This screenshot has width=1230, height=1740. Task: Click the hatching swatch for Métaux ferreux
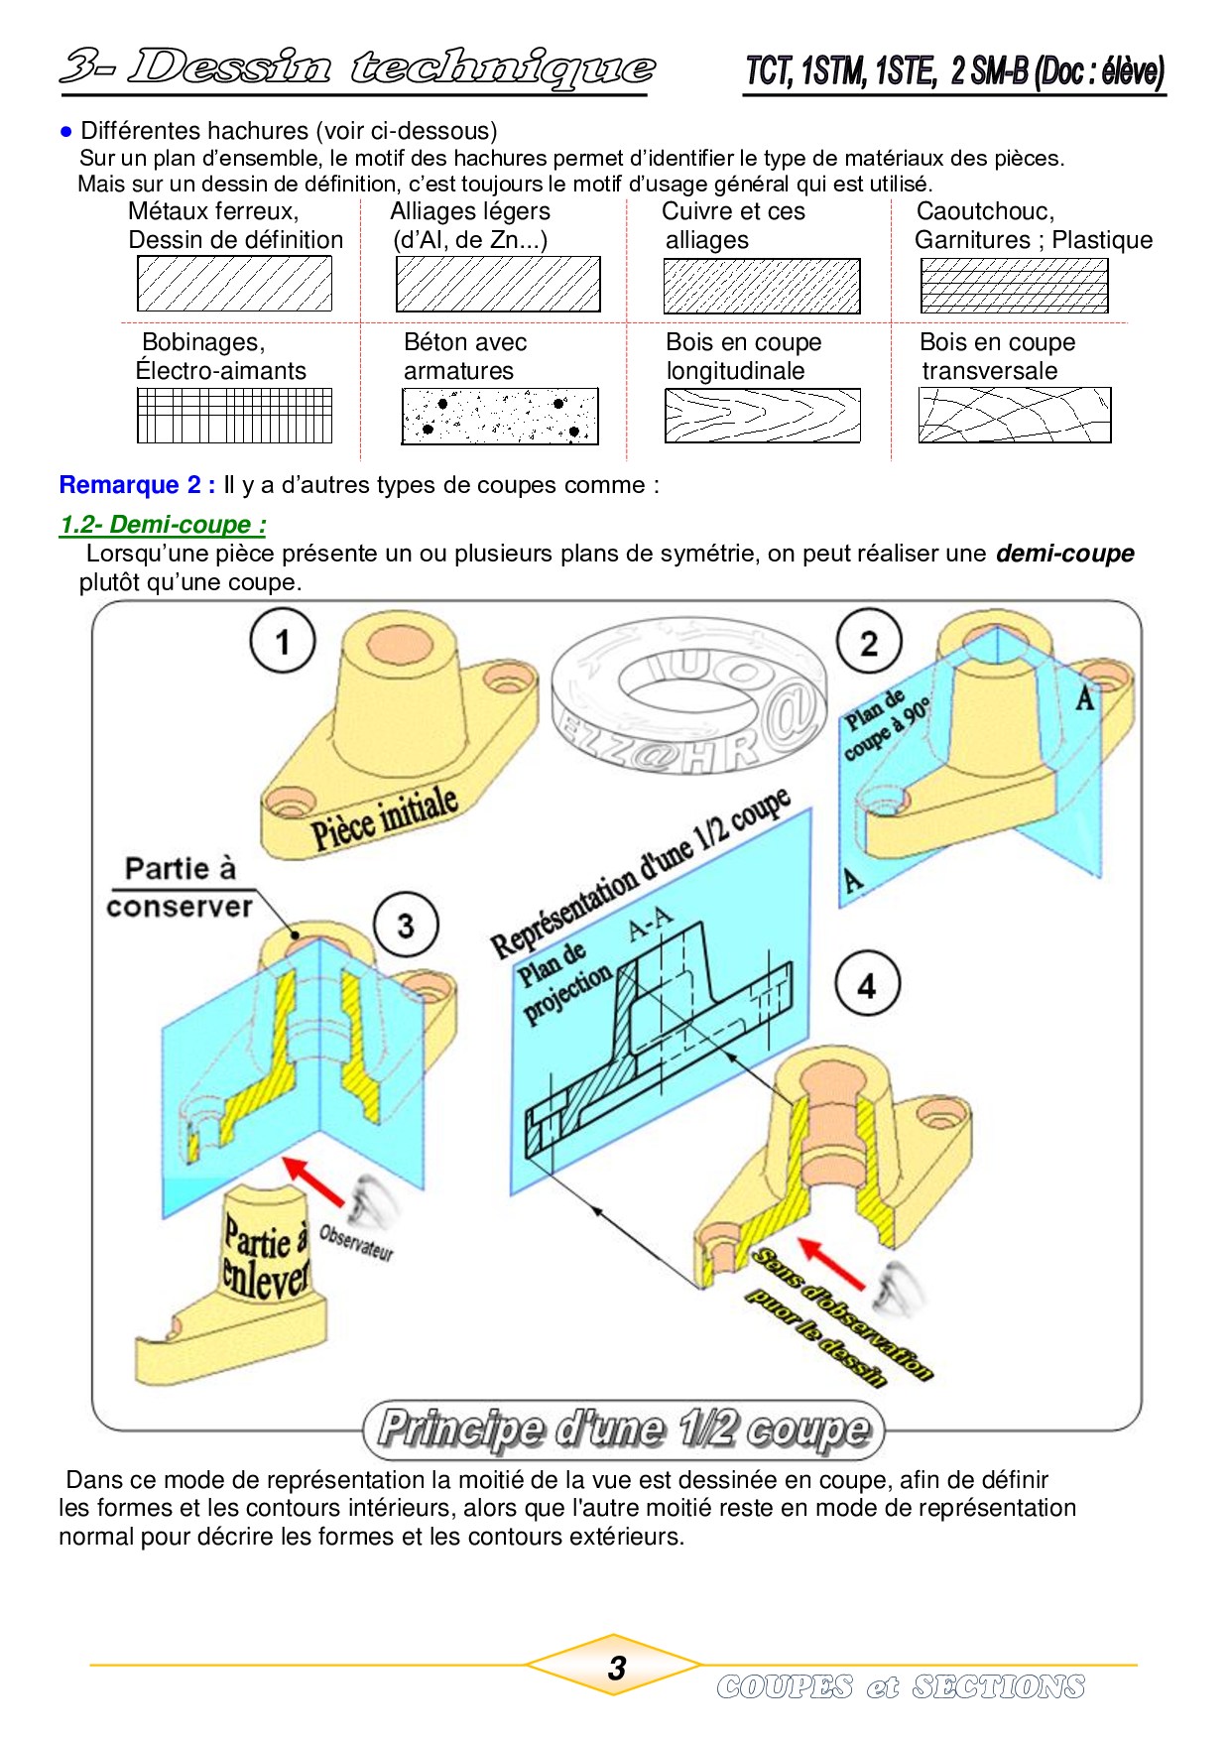(234, 284)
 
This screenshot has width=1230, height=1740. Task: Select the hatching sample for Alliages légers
(498, 285)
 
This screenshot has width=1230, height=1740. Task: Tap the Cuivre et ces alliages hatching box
(761, 286)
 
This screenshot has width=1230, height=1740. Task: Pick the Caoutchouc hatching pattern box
(1014, 286)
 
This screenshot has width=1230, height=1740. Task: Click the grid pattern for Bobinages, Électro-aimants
(234, 415)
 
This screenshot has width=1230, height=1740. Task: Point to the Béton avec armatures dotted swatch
(499, 416)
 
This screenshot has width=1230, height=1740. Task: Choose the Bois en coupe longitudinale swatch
(761, 415)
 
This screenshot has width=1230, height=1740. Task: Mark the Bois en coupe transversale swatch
(1014, 415)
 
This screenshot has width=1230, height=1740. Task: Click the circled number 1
(283, 641)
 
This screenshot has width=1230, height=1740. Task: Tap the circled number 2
(869, 643)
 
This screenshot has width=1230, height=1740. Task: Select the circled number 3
(406, 925)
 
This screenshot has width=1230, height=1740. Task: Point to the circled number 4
(867, 985)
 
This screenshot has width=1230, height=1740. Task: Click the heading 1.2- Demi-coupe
(163, 525)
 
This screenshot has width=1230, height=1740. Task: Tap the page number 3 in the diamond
(616, 1668)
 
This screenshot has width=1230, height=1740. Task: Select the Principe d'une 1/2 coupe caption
(624, 1429)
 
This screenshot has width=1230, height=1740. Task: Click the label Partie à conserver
(180, 888)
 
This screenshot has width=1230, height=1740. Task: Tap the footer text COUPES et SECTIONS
(901, 1686)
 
